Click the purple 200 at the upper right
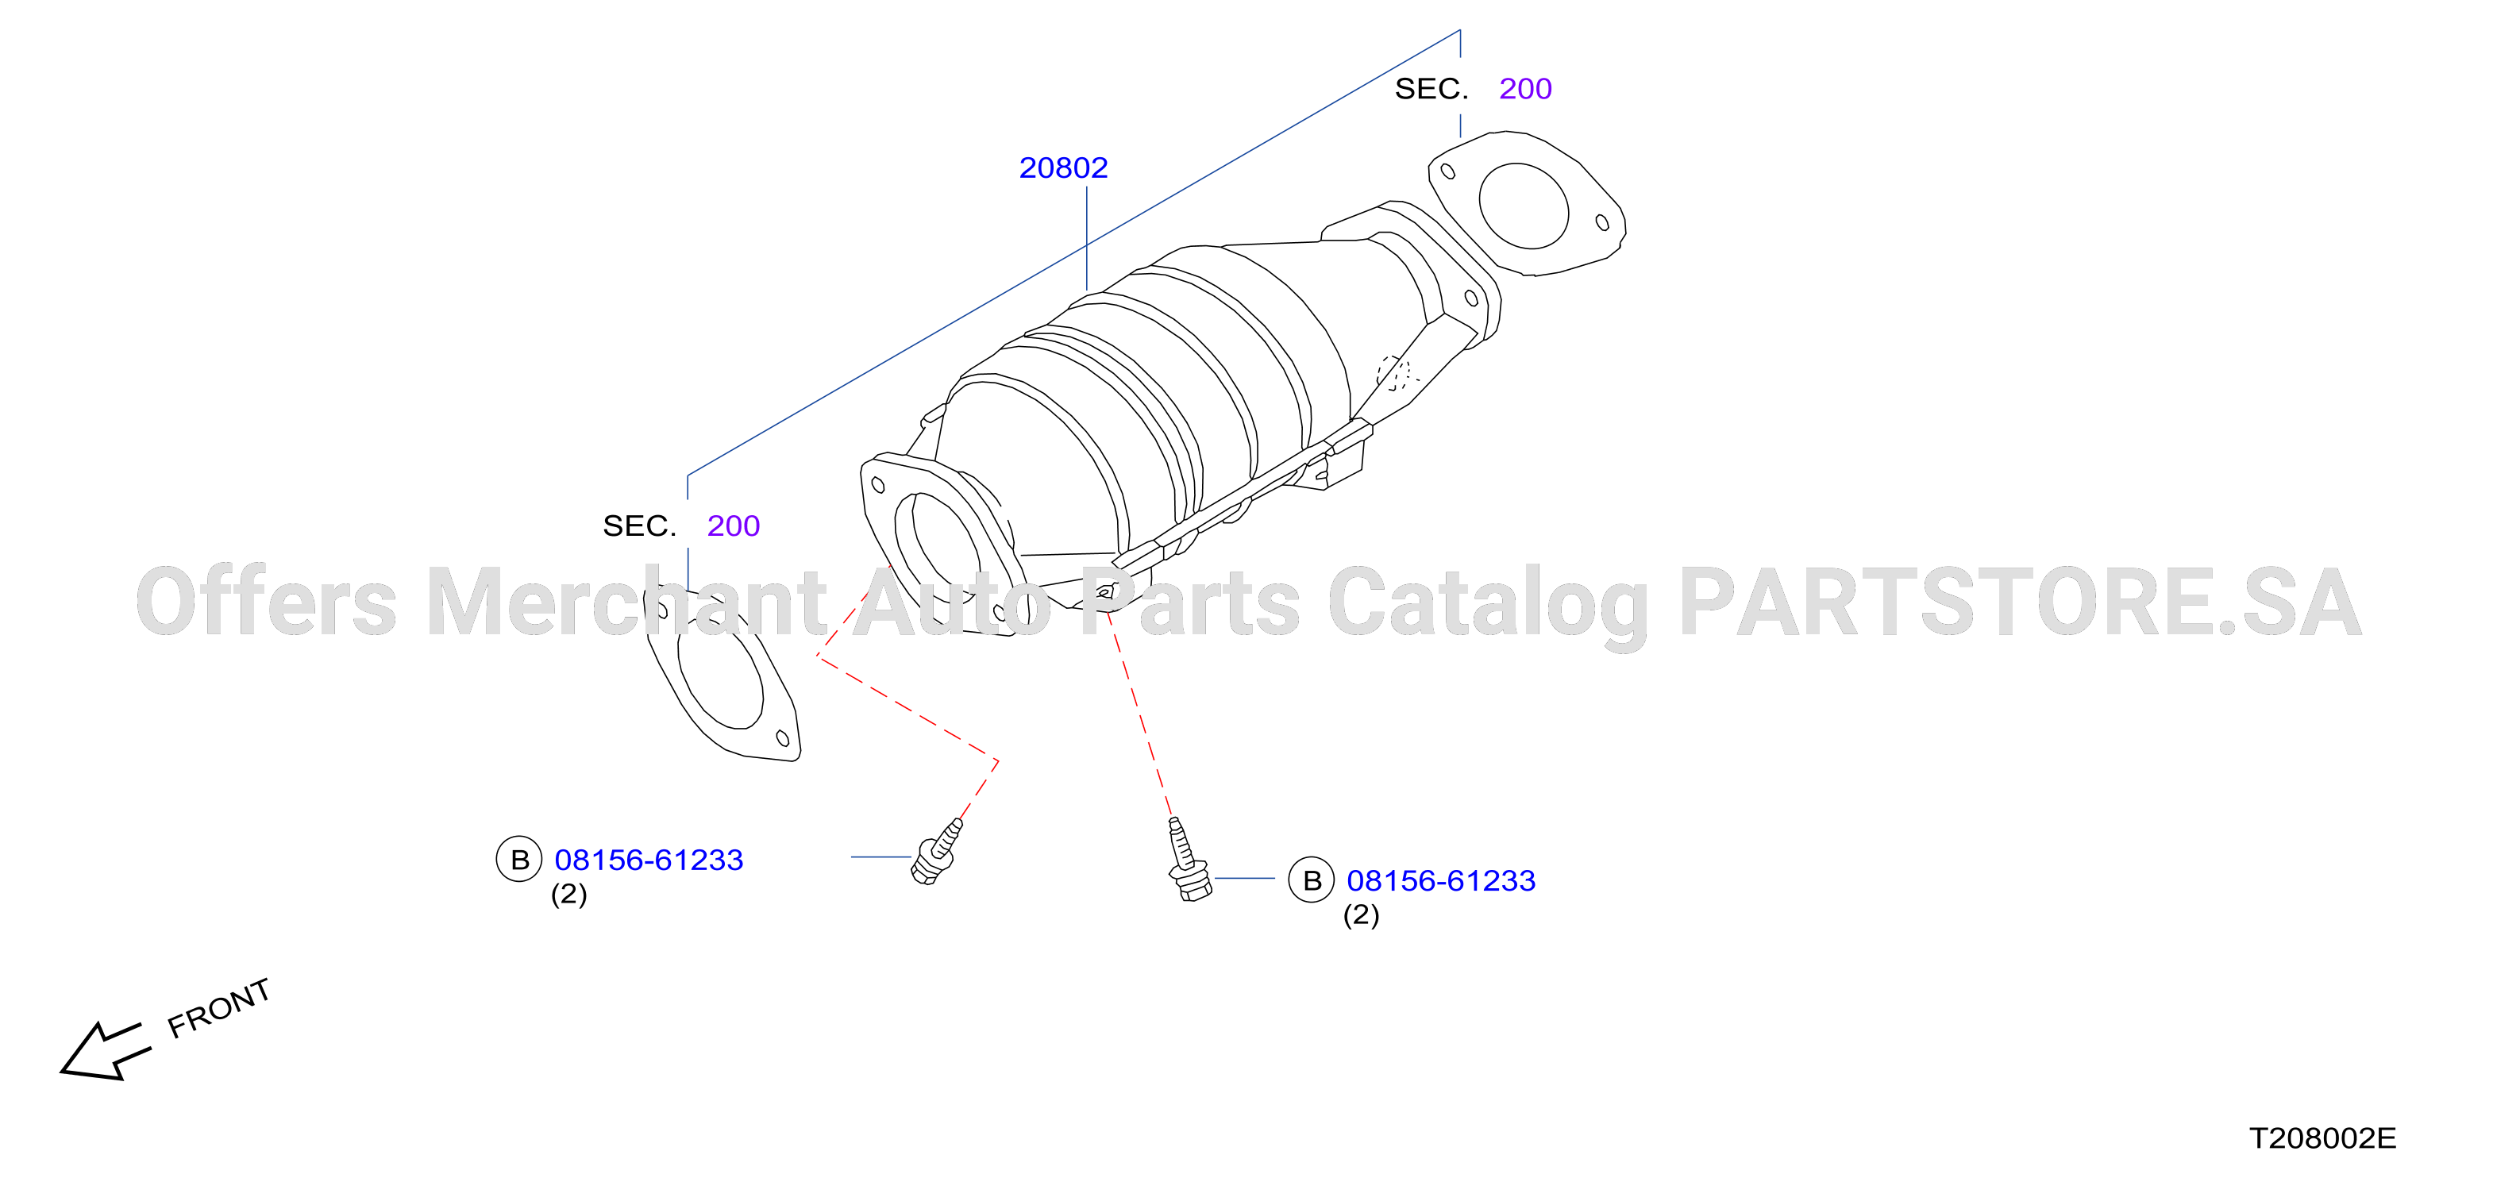pyautogui.click(x=1525, y=89)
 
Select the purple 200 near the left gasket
pyautogui.click(x=734, y=525)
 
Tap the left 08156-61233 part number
pyautogui.click(x=649, y=860)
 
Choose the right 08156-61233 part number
pyautogui.click(x=1441, y=881)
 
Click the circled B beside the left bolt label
pyautogui.click(x=520, y=860)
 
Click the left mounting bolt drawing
pyautogui.click(x=935, y=853)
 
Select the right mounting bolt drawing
pyautogui.click(x=1186, y=860)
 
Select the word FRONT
pyautogui.click(x=218, y=1009)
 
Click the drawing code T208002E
pyautogui.click(x=2322, y=1138)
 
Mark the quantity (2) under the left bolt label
pyautogui.click(x=569, y=895)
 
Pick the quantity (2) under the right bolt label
pyautogui.click(x=1361, y=916)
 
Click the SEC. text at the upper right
pyautogui.click(x=1431, y=89)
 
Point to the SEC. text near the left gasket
pyautogui.click(x=640, y=525)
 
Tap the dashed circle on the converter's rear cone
pyautogui.click(x=1393, y=372)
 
